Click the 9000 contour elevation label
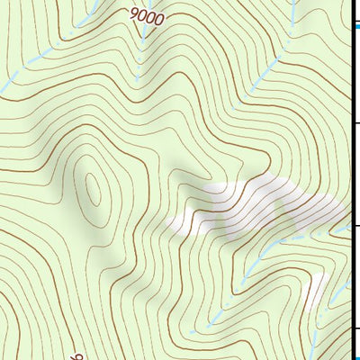pos(147,15)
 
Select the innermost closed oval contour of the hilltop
pos(94,190)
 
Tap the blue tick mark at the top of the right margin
pos(355,27)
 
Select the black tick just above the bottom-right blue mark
pos(355,328)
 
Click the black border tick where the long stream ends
pos(354,225)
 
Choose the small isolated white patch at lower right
pos(315,292)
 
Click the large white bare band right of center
pos(261,202)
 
